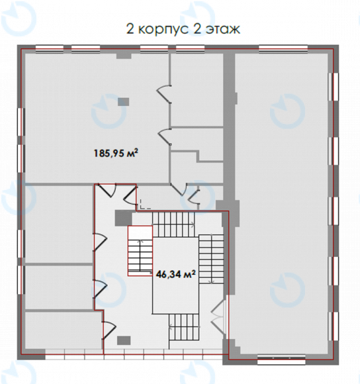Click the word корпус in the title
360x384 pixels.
coord(163,30)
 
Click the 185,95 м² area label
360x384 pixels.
coord(116,154)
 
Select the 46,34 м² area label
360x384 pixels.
coord(175,274)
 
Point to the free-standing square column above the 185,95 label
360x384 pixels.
coord(123,102)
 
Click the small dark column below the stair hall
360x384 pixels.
coord(124,340)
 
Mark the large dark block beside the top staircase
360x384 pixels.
coord(124,218)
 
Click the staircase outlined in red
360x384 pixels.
coord(140,251)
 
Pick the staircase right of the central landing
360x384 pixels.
coord(211,259)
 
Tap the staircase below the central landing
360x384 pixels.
coord(183,327)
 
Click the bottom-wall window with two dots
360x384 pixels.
coord(281,358)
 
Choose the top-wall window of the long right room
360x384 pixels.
coord(283,49)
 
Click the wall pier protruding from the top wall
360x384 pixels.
coord(124,56)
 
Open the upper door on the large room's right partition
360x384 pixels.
coord(163,94)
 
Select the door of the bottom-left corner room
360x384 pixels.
coord(109,330)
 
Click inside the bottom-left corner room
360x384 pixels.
coord(63,330)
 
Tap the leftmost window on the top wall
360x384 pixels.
coord(50,49)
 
